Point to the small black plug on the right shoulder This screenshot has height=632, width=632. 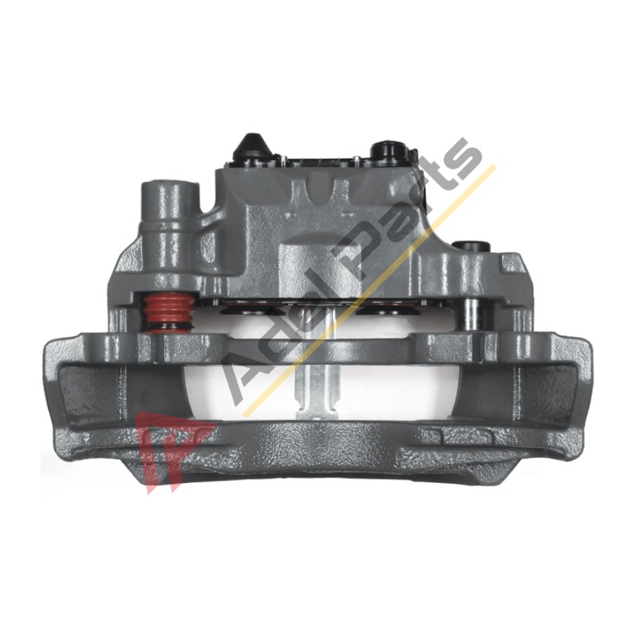point(468,246)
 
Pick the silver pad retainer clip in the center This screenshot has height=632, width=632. point(315,363)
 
